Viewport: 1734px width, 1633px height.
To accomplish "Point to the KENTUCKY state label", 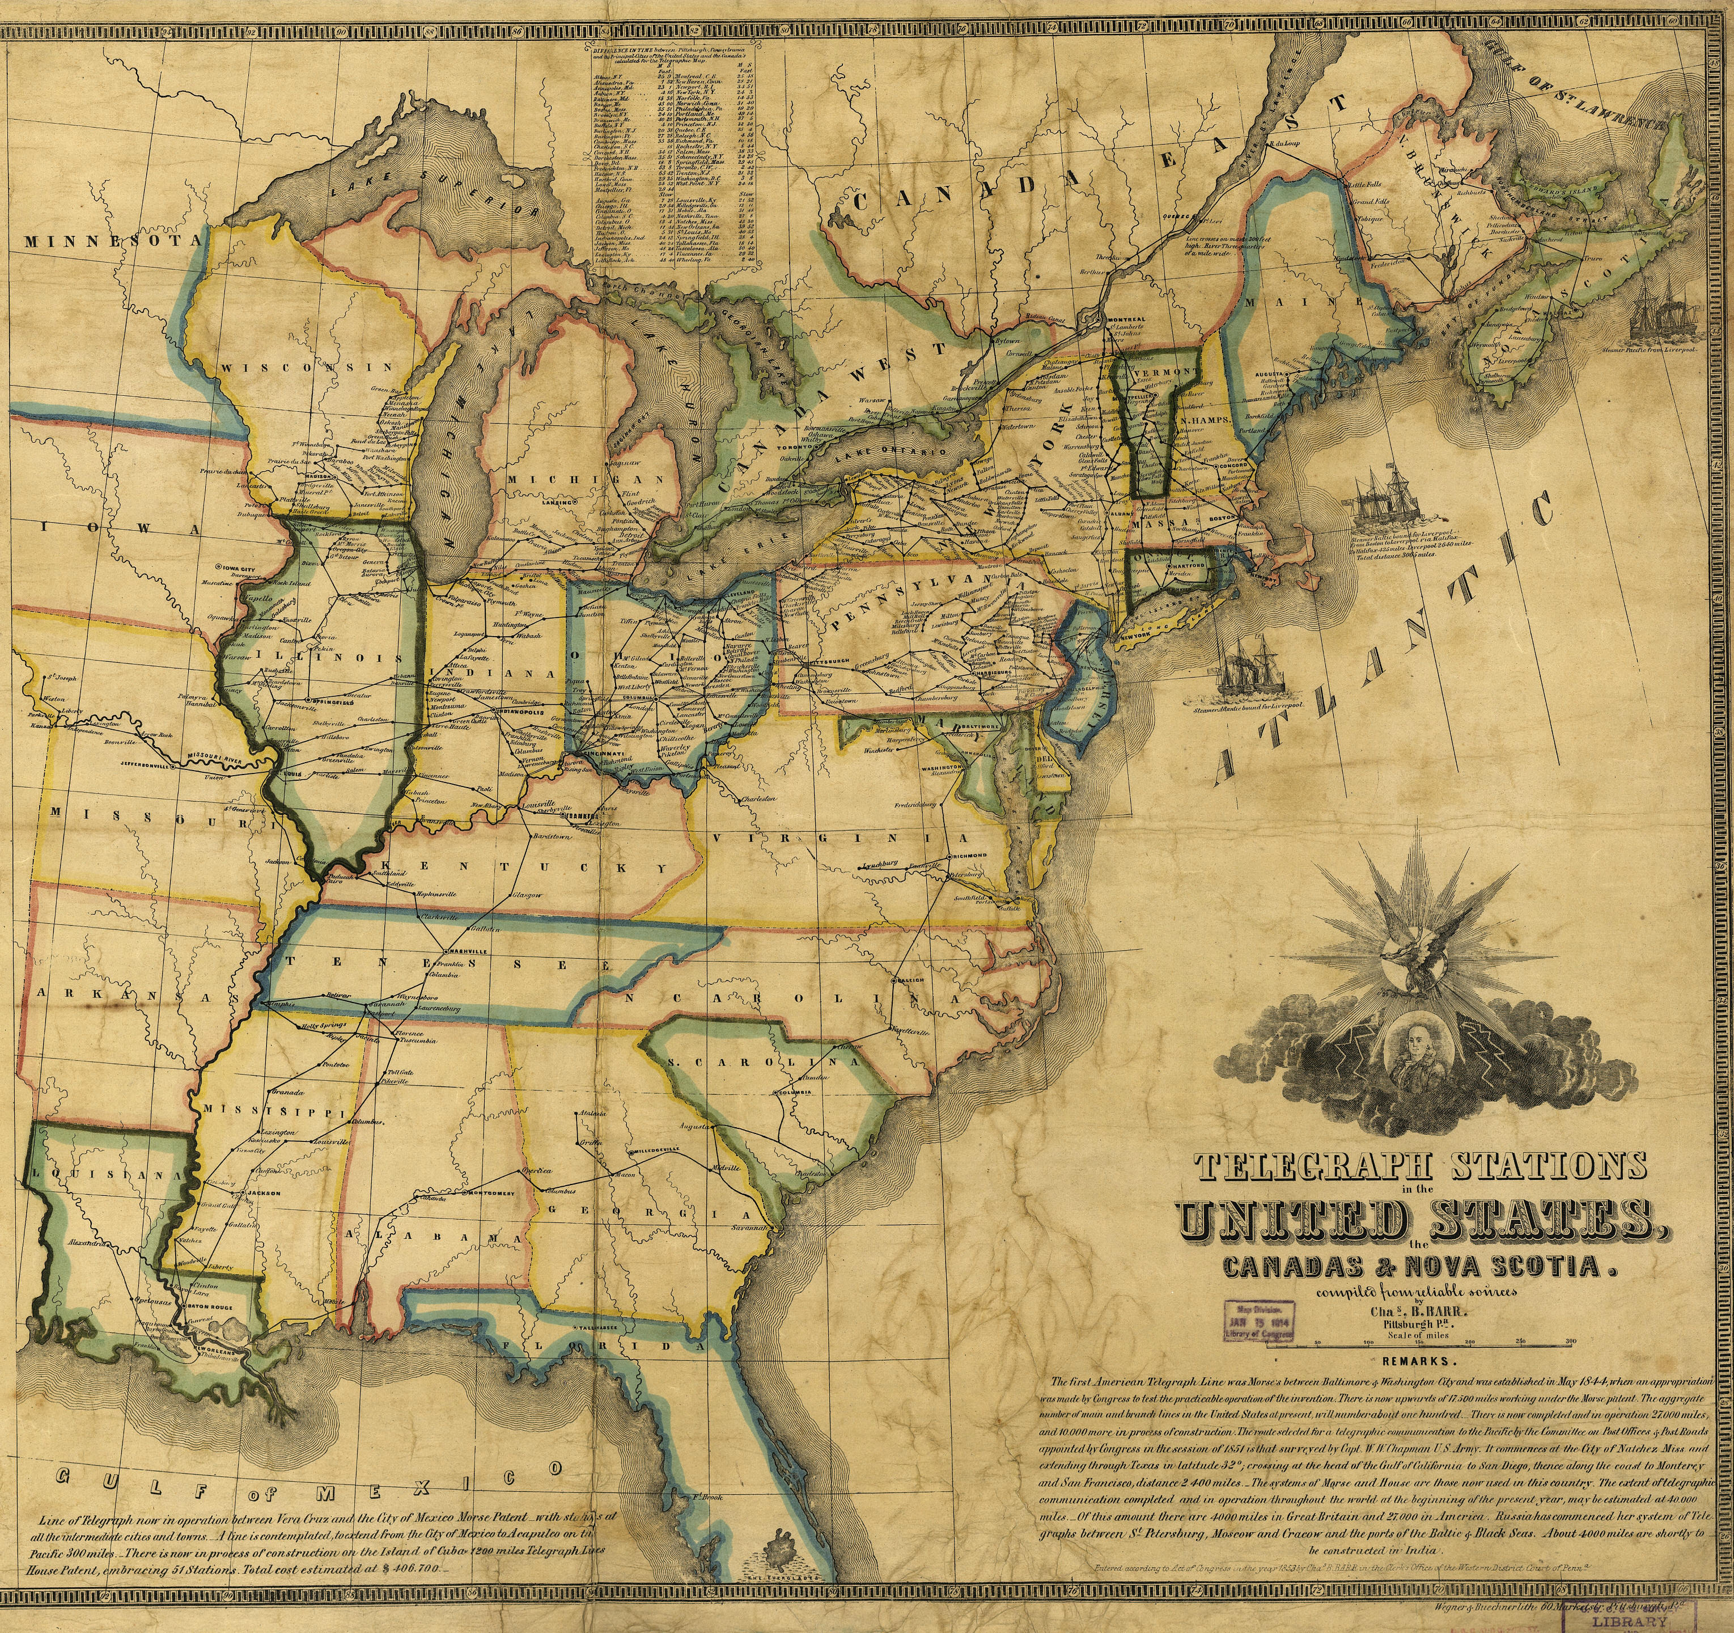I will pyautogui.click(x=523, y=869).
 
